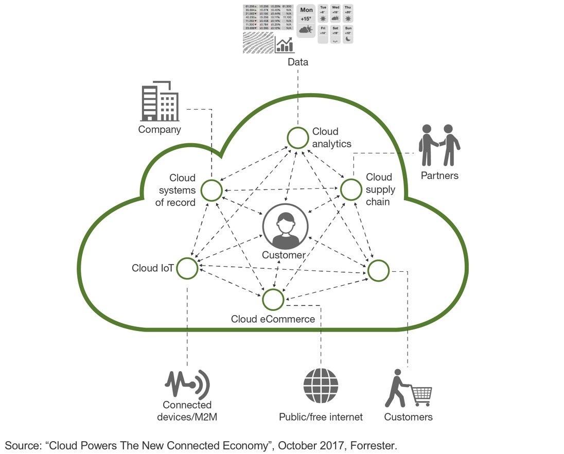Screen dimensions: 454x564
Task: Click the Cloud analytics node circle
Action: [x=297, y=138]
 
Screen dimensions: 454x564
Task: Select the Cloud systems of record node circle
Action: [x=211, y=190]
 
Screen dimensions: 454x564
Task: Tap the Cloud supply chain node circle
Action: [x=351, y=189]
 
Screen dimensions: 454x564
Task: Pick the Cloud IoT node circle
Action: [x=187, y=268]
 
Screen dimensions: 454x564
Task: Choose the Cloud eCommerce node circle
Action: [x=273, y=299]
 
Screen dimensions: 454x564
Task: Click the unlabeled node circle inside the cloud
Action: [x=378, y=271]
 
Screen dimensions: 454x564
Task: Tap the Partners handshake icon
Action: [x=439, y=145]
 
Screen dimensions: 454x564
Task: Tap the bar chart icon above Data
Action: [x=285, y=45]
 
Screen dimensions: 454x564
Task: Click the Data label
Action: [x=298, y=62]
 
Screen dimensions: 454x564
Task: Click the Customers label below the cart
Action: [x=408, y=416]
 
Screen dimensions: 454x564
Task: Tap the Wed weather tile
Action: [x=336, y=14]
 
